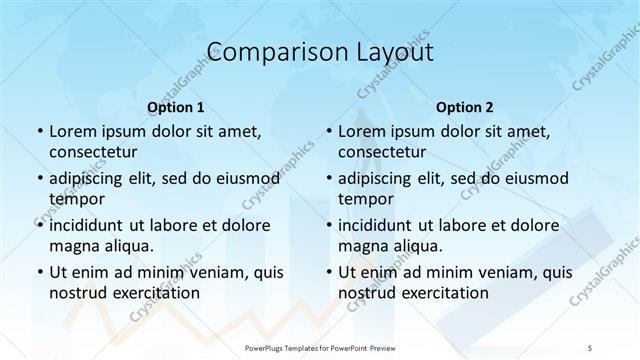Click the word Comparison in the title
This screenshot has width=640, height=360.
coord(267,52)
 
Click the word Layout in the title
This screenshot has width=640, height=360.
coord(392,52)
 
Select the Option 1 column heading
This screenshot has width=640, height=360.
coord(176,106)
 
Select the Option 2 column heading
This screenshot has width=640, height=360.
coord(465,106)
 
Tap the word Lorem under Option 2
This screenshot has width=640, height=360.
coord(362,131)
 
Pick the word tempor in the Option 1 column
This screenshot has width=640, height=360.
coord(75,199)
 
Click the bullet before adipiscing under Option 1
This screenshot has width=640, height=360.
coord(39,179)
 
